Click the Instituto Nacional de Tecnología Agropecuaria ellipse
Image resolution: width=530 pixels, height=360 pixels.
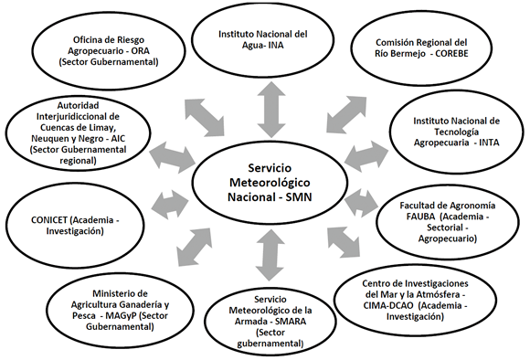click(x=456, y=131)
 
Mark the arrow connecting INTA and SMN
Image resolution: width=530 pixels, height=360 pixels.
click(x=364, y=154)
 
